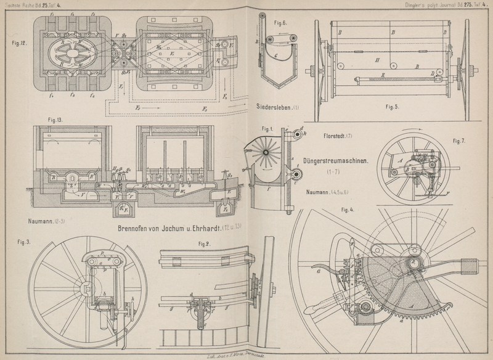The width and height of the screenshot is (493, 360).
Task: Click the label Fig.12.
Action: coord(18,44)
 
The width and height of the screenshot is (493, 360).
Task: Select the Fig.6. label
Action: coord(280,23)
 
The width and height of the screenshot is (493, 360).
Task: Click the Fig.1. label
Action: coord(267,129)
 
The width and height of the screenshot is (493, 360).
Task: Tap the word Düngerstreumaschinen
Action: coord(335,162)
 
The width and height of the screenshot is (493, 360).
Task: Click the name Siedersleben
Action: coord(272,107)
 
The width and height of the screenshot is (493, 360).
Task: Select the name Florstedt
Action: coord(333,135)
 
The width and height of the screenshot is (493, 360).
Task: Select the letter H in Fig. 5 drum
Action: coord(376,60)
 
